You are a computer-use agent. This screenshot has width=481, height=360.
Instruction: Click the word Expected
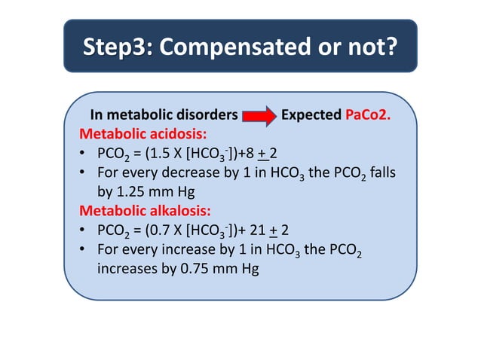click(310, 116)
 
